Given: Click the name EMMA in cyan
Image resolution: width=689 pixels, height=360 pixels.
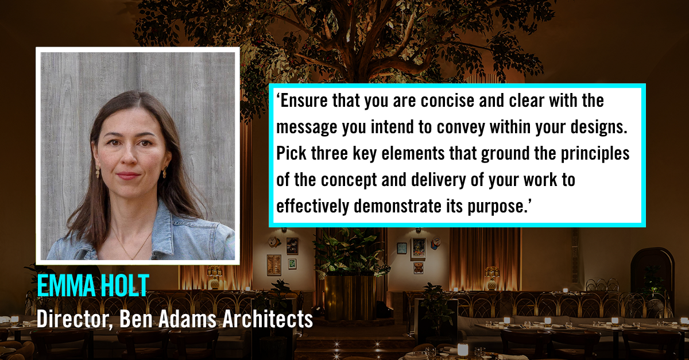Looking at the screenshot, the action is tap(66, 285).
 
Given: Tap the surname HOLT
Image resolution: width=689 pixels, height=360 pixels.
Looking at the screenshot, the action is tap(125, 285).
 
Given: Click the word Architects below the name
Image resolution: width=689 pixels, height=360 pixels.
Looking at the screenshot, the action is tap(268, 319).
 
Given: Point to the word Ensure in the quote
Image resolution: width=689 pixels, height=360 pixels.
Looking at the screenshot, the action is tap(304, 100).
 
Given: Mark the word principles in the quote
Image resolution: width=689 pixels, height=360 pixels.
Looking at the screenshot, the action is tap(595, 154).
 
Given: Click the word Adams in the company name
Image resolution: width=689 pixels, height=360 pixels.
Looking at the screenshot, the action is tap(187, 319).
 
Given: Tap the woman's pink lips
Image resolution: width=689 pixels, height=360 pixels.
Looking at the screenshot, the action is tap(128, 176).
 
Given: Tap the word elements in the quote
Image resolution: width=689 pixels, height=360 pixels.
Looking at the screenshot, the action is tap(413, 153).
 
